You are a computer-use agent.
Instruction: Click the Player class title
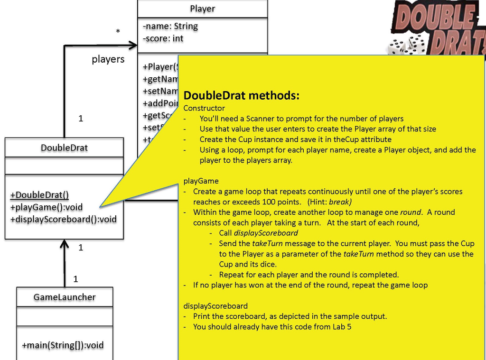tap(202, 9)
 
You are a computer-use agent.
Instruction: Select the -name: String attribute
tap(170, 26)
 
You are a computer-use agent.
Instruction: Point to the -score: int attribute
tap(162, 38)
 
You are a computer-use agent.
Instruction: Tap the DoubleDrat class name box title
tap(64, 148)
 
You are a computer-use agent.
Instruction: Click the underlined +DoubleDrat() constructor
tap(39, 195)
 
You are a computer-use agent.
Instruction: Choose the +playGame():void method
tap(46, 207)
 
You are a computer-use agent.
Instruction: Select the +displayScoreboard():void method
tap(63, 219)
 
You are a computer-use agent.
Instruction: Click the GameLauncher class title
tap(64, 297)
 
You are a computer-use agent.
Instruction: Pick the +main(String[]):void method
tap(62, 345)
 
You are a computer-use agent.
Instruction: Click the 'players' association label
tap(108, 59)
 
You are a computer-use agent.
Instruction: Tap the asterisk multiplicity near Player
tap(118, 32)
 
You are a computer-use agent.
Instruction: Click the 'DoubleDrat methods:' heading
tap(241, 95)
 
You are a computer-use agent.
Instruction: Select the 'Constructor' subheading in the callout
tap(204, 108)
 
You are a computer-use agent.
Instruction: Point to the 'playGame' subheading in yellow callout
tap(201, 181)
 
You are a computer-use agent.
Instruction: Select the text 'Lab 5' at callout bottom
tap(342, 327)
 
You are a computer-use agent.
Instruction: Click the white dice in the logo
tap(406, 46)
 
